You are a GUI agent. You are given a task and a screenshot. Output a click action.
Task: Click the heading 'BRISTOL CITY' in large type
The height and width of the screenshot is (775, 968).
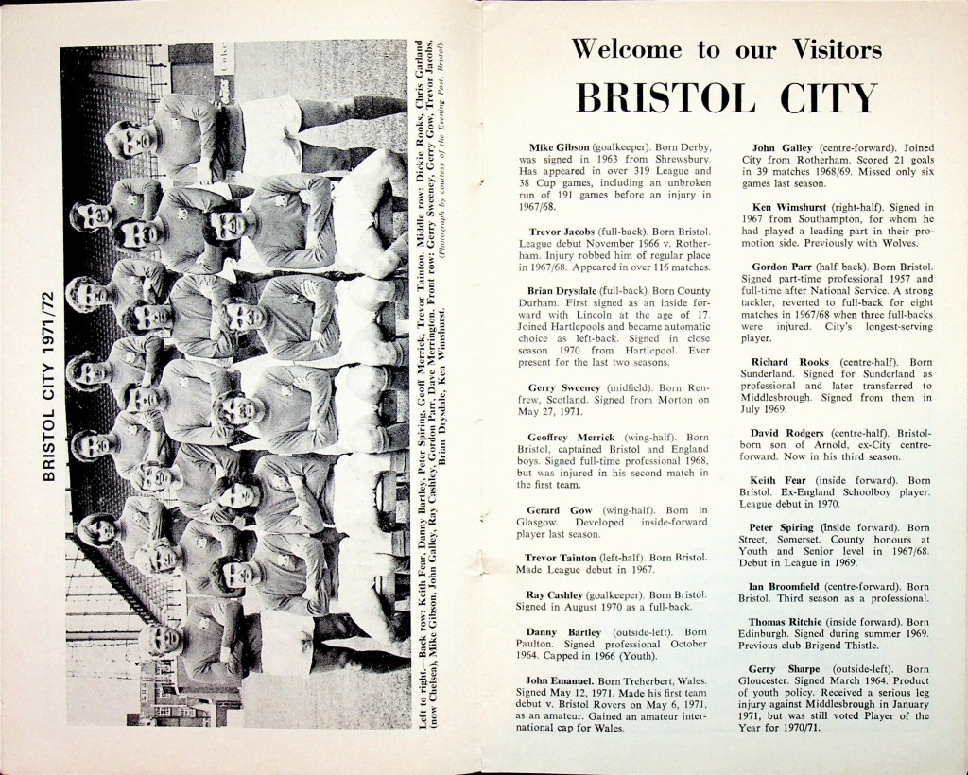pyautogui.click(x=726, y=98)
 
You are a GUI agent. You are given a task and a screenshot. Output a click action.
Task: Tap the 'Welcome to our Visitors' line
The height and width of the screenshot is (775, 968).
pyautogui.click(x=726, y=49)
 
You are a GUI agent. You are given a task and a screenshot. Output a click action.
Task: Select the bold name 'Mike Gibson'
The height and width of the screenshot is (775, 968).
pyautogui.click(x=559, y=148)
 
